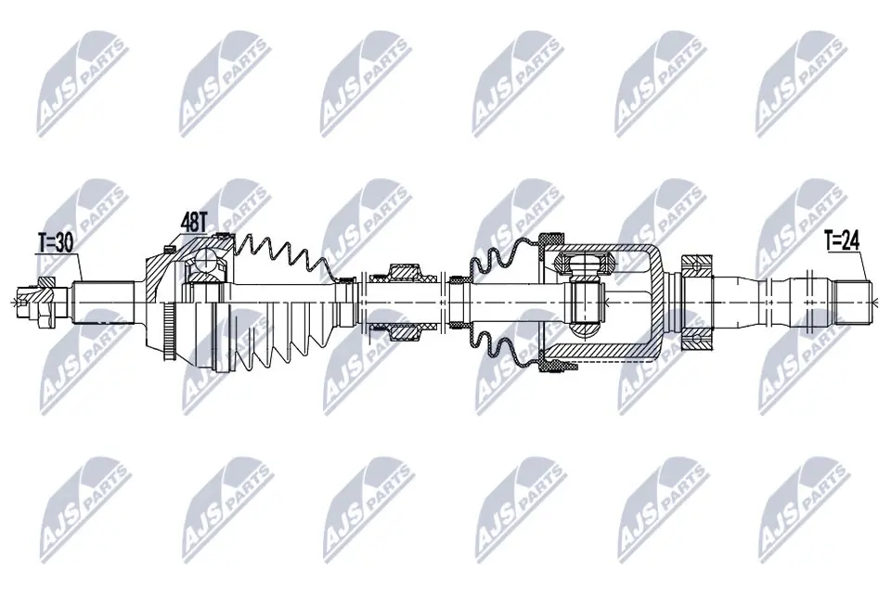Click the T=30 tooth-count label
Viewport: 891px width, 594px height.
56,243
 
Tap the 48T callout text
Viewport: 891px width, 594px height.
193,222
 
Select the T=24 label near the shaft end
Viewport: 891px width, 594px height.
842,242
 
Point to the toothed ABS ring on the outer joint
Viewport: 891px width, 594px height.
168,332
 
